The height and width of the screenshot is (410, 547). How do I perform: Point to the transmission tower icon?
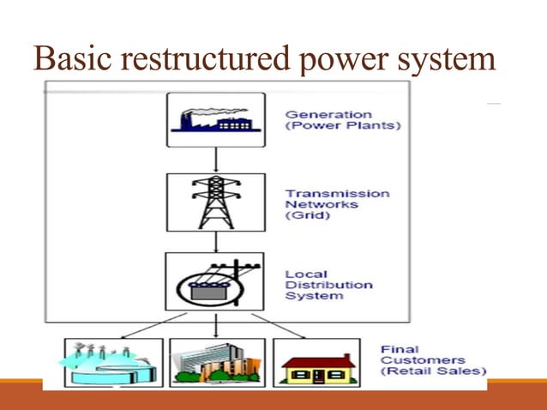pos(215,201)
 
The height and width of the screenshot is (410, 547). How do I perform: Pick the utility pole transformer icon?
pos(215,280)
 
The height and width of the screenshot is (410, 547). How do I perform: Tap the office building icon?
pos(216,361)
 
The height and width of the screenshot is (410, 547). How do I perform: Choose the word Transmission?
pos(337,194)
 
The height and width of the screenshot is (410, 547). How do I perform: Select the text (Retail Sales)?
pos(433,372)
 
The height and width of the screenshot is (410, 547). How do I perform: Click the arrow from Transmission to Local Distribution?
pos(215,240)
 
